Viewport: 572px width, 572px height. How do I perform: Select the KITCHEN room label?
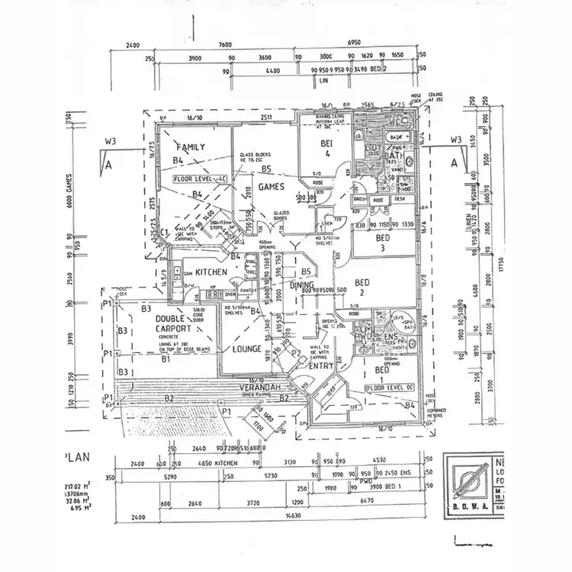211,272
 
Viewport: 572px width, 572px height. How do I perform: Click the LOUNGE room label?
247,349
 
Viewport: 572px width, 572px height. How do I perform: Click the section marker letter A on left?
110,164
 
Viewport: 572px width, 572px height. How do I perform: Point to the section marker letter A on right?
455,162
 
